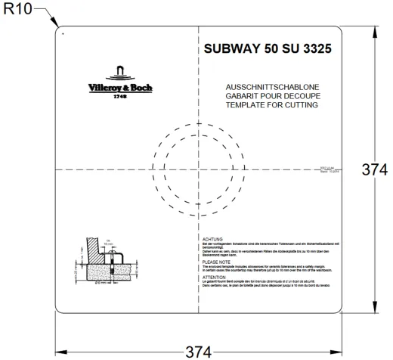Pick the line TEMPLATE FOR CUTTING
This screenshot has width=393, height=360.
(x=271, y=106)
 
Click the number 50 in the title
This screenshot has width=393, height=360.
(x=274, y=49)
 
